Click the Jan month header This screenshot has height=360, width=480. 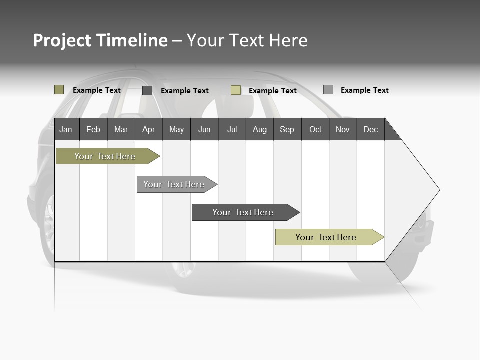click(x=66, y=129)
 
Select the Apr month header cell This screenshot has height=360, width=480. click(x=148, y=129)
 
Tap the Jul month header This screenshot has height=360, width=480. click(x=232, y=129)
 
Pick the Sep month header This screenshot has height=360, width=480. click(x=287, y=129)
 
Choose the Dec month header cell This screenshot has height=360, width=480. click(x=370, y=129)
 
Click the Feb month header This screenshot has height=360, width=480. click(x=93, y=129)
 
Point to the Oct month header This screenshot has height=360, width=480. click(x=315, y=129)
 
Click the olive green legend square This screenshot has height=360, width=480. click(x=59, y=90)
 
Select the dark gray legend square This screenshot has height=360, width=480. click(x=147, y=90)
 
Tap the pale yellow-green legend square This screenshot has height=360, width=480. click(x=236, y=90)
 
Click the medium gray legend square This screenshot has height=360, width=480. click(x=328, y=90)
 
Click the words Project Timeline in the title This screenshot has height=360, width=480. click(x=100, y=40)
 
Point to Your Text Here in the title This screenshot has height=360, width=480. click(x=247, y=40)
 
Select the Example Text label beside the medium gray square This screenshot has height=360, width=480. click(x=364, y=90)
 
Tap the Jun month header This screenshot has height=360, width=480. click(x=204, y=129)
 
